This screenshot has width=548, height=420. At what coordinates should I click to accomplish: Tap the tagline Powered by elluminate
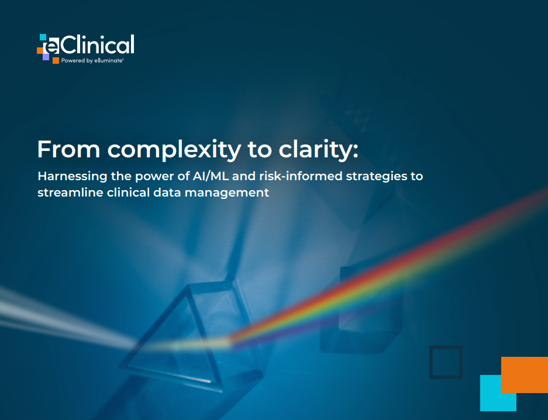coord(92,60)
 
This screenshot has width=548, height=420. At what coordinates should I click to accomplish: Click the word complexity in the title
coord(174,150)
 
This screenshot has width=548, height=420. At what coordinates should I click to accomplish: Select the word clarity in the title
coord(318,150)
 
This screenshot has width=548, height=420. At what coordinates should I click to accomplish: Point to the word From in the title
coord(69,149)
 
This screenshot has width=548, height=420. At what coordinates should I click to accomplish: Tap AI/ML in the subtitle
coord(211,175)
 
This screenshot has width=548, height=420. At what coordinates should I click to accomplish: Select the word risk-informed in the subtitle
coord(301,175)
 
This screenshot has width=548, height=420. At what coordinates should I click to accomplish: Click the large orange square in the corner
coord(525,375)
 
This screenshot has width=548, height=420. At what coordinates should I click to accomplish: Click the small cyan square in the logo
coord(43,37)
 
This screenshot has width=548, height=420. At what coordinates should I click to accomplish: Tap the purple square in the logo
coord(46,57)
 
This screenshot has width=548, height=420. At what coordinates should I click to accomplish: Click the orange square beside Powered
coord(56,60)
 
